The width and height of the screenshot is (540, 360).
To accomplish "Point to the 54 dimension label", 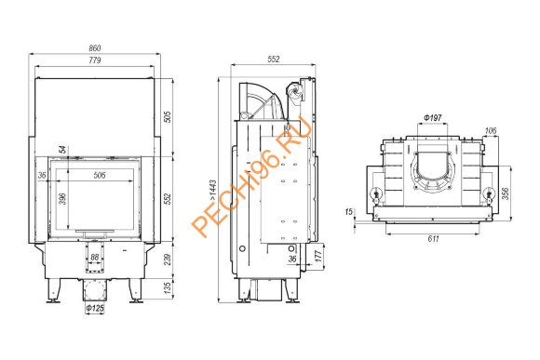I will click(62, 150).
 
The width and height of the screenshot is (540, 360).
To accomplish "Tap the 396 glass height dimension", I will click(62, 200).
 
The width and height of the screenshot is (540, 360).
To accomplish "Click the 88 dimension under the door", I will click(93, 258).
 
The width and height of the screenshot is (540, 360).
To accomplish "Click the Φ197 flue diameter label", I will click(431, 118).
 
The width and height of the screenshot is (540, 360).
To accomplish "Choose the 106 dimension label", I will click(490, 130).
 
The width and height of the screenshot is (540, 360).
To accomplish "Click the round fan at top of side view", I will click(296, 91).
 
